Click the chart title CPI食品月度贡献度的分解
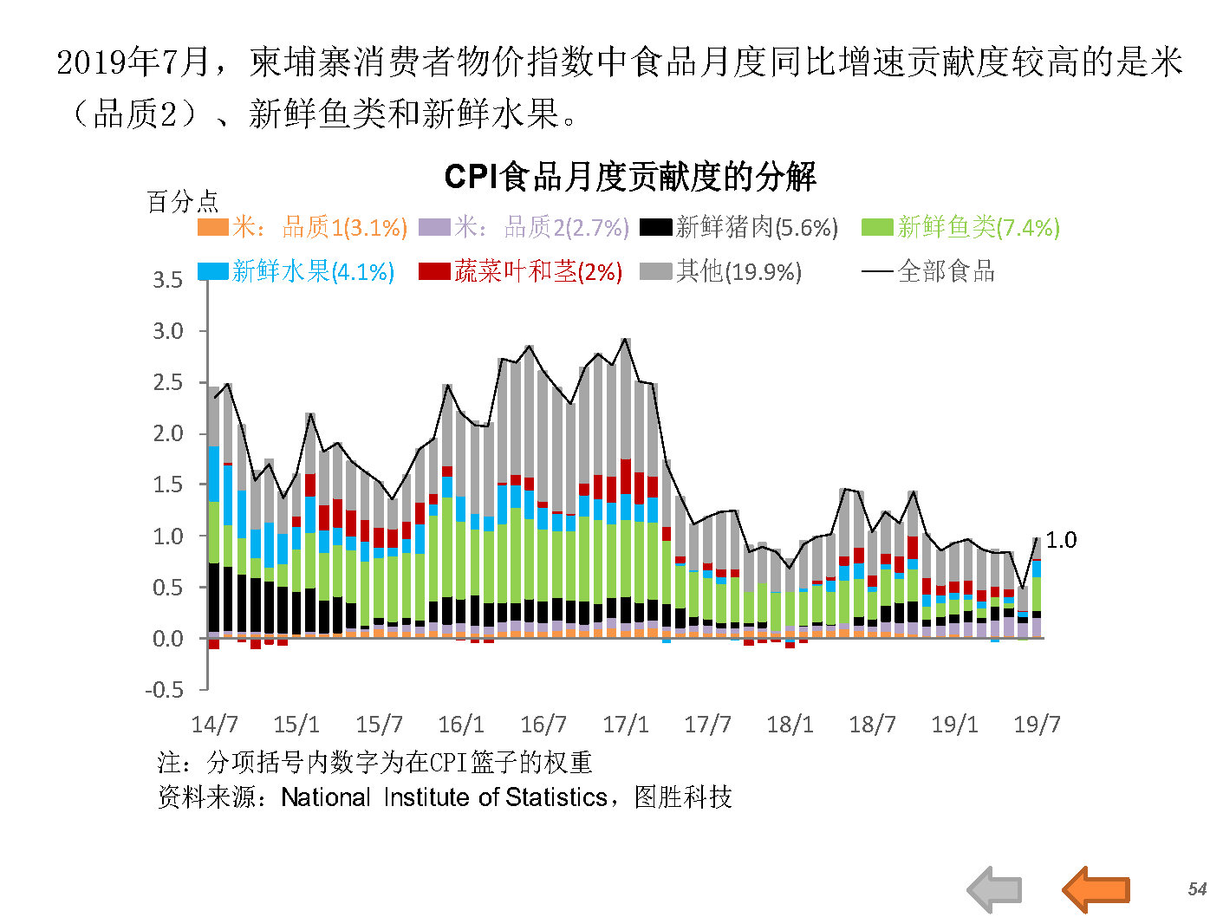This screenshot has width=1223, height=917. pyautogui.click(x=629, y=177)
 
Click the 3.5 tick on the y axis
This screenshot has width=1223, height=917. pyautogui.click(x=167, y=280)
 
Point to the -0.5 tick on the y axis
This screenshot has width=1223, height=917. pyautogui.click(x=164, y=690)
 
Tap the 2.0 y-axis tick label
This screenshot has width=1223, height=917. pyautogui.click(x=167, y=433)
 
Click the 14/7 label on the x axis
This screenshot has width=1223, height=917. pyautogui.click(x=214, y=725)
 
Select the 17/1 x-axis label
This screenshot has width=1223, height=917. pyautogui.click(x=626, y=725)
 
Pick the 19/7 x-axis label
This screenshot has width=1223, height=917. pyautogui.click(x=1037, y=725)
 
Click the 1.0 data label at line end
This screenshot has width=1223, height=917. pyautogui.click(x=1061, y=540)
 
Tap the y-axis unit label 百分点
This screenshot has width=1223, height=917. pyautogui.click(x=182, y=202)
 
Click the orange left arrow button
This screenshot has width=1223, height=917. pyautogui.click(x=1096, y=888)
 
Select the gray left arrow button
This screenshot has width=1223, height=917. pyautogui.click(x=994, y=889)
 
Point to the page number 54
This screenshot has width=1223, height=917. pyautogui.click(x=1197, y=888)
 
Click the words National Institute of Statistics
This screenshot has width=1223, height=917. pyautogui.click(x=444, y=797)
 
